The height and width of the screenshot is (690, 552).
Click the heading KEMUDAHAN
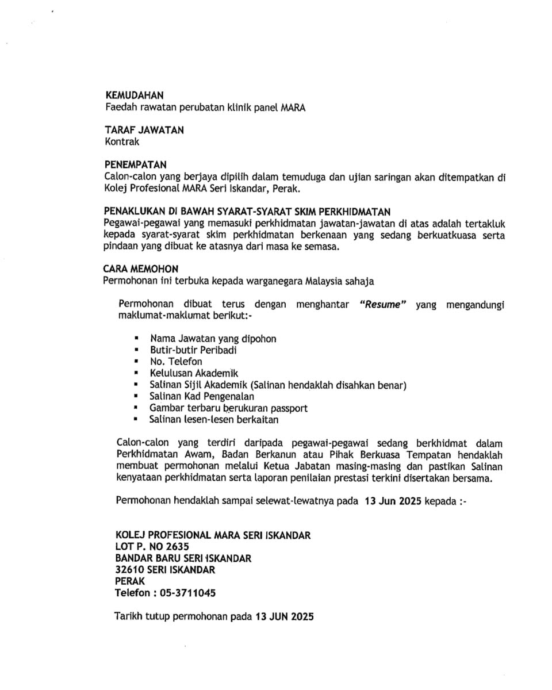(135, 95)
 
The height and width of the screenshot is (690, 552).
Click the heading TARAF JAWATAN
(144, 130)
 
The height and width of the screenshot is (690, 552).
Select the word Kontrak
(122, 141)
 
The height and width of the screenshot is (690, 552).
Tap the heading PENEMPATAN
(136, 165)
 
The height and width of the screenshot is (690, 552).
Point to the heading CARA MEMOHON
(141, 269)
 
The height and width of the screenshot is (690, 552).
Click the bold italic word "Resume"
(382, 305)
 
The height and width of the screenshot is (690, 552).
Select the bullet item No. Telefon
(175, 362)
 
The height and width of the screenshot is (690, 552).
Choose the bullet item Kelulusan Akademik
(193, 373)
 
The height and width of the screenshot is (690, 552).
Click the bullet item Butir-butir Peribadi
(193, 350)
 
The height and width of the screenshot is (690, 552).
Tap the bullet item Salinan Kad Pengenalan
(201, 396)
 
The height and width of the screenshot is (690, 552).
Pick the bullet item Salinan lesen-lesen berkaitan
(213, 420)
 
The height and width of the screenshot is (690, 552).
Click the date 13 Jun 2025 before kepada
(393, 501)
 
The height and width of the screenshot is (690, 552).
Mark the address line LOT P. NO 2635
(152, 547)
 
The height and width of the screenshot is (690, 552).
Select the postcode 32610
(130, 570)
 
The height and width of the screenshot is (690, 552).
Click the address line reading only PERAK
(130, 581)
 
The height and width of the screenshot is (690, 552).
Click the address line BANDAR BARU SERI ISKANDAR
(183, 558)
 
